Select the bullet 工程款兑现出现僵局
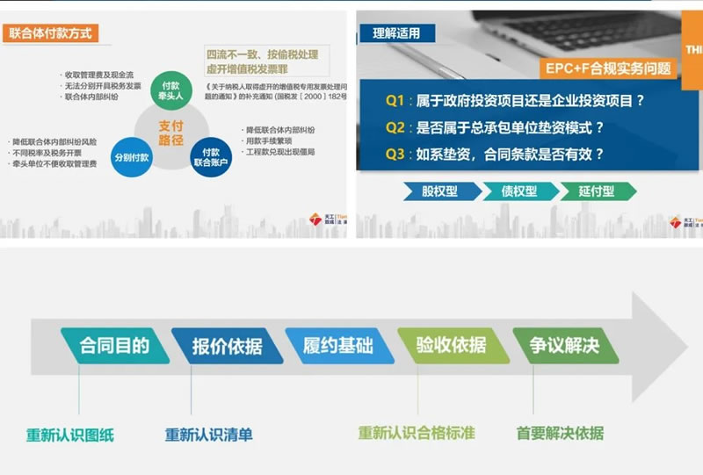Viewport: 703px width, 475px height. click(x=279, y=152)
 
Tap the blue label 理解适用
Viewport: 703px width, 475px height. click(x=396, y=34)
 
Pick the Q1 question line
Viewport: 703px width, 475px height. click(x=515, y=101)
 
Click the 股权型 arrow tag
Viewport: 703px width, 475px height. click(x=442, y=191)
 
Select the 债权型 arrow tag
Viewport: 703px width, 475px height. click(x=518, y=191)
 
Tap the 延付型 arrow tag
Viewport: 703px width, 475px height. click(x=596, y=191)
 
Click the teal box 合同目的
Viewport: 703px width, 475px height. click(x=114, y=345)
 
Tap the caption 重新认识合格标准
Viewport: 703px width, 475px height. click(x=417, y=433)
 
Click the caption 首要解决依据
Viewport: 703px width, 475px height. click(x=560, y=433)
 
